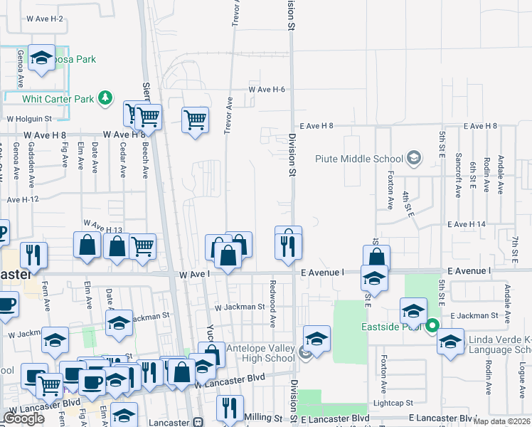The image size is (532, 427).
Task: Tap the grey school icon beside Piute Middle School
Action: pos(414,159)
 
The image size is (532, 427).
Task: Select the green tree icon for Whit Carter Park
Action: pos(105,98)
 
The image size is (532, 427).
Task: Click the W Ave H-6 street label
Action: pos(267,90)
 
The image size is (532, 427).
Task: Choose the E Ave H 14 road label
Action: pos(467,224)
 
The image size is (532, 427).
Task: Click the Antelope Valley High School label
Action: pos(260,353)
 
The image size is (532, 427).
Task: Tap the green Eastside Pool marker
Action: pos(432,328)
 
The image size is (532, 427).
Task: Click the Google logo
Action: pos(23,418)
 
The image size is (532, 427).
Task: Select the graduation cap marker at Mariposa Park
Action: pos(43,60)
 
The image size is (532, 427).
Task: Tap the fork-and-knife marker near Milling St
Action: pos(229,408)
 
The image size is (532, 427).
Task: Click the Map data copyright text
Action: pos(506,421)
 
